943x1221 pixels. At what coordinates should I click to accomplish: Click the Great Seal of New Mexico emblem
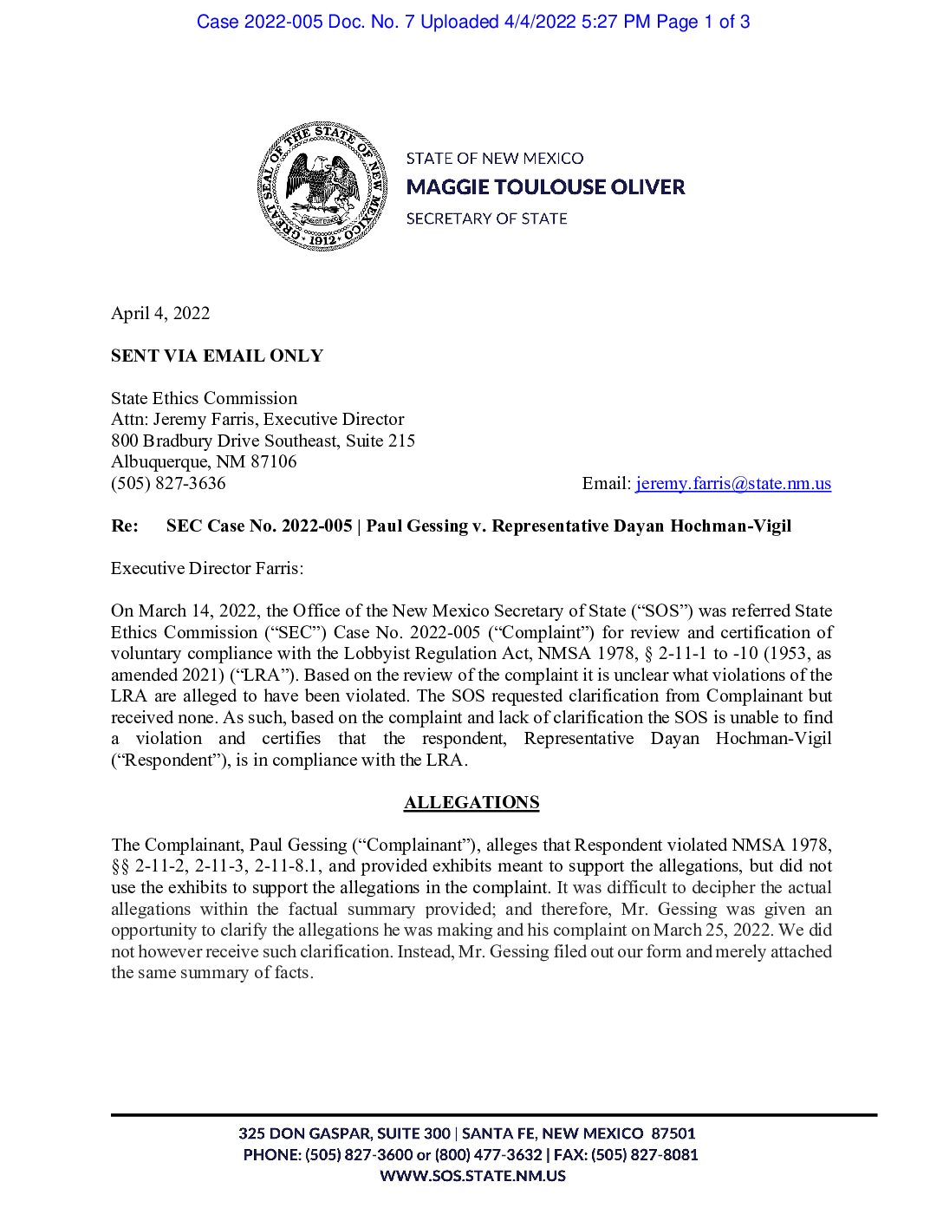point(322,187)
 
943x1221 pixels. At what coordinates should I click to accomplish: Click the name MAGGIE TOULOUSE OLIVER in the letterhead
point(545,187)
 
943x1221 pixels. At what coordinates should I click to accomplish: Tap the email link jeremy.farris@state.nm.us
point(733,483)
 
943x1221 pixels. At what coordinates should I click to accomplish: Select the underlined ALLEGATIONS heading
point(471,802)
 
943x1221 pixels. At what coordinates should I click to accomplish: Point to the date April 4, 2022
point(160,313)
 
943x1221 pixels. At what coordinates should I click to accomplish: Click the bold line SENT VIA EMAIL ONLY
point(217,356)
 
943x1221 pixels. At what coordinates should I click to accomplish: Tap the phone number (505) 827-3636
point(168,483)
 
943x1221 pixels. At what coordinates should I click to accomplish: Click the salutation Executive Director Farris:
point(207,568)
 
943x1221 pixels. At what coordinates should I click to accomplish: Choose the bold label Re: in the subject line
point(125,526)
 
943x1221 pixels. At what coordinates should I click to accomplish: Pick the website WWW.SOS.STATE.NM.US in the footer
point(472,1176)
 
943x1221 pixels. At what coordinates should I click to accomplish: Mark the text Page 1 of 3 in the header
point(703,22)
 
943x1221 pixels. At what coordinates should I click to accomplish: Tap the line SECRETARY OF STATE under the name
point(486,219)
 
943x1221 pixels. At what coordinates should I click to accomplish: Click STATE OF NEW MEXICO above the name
point(495,158)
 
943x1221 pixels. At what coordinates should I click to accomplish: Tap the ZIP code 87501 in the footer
point(673,1133)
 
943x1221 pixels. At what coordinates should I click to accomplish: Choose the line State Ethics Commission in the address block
point(204,398)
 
